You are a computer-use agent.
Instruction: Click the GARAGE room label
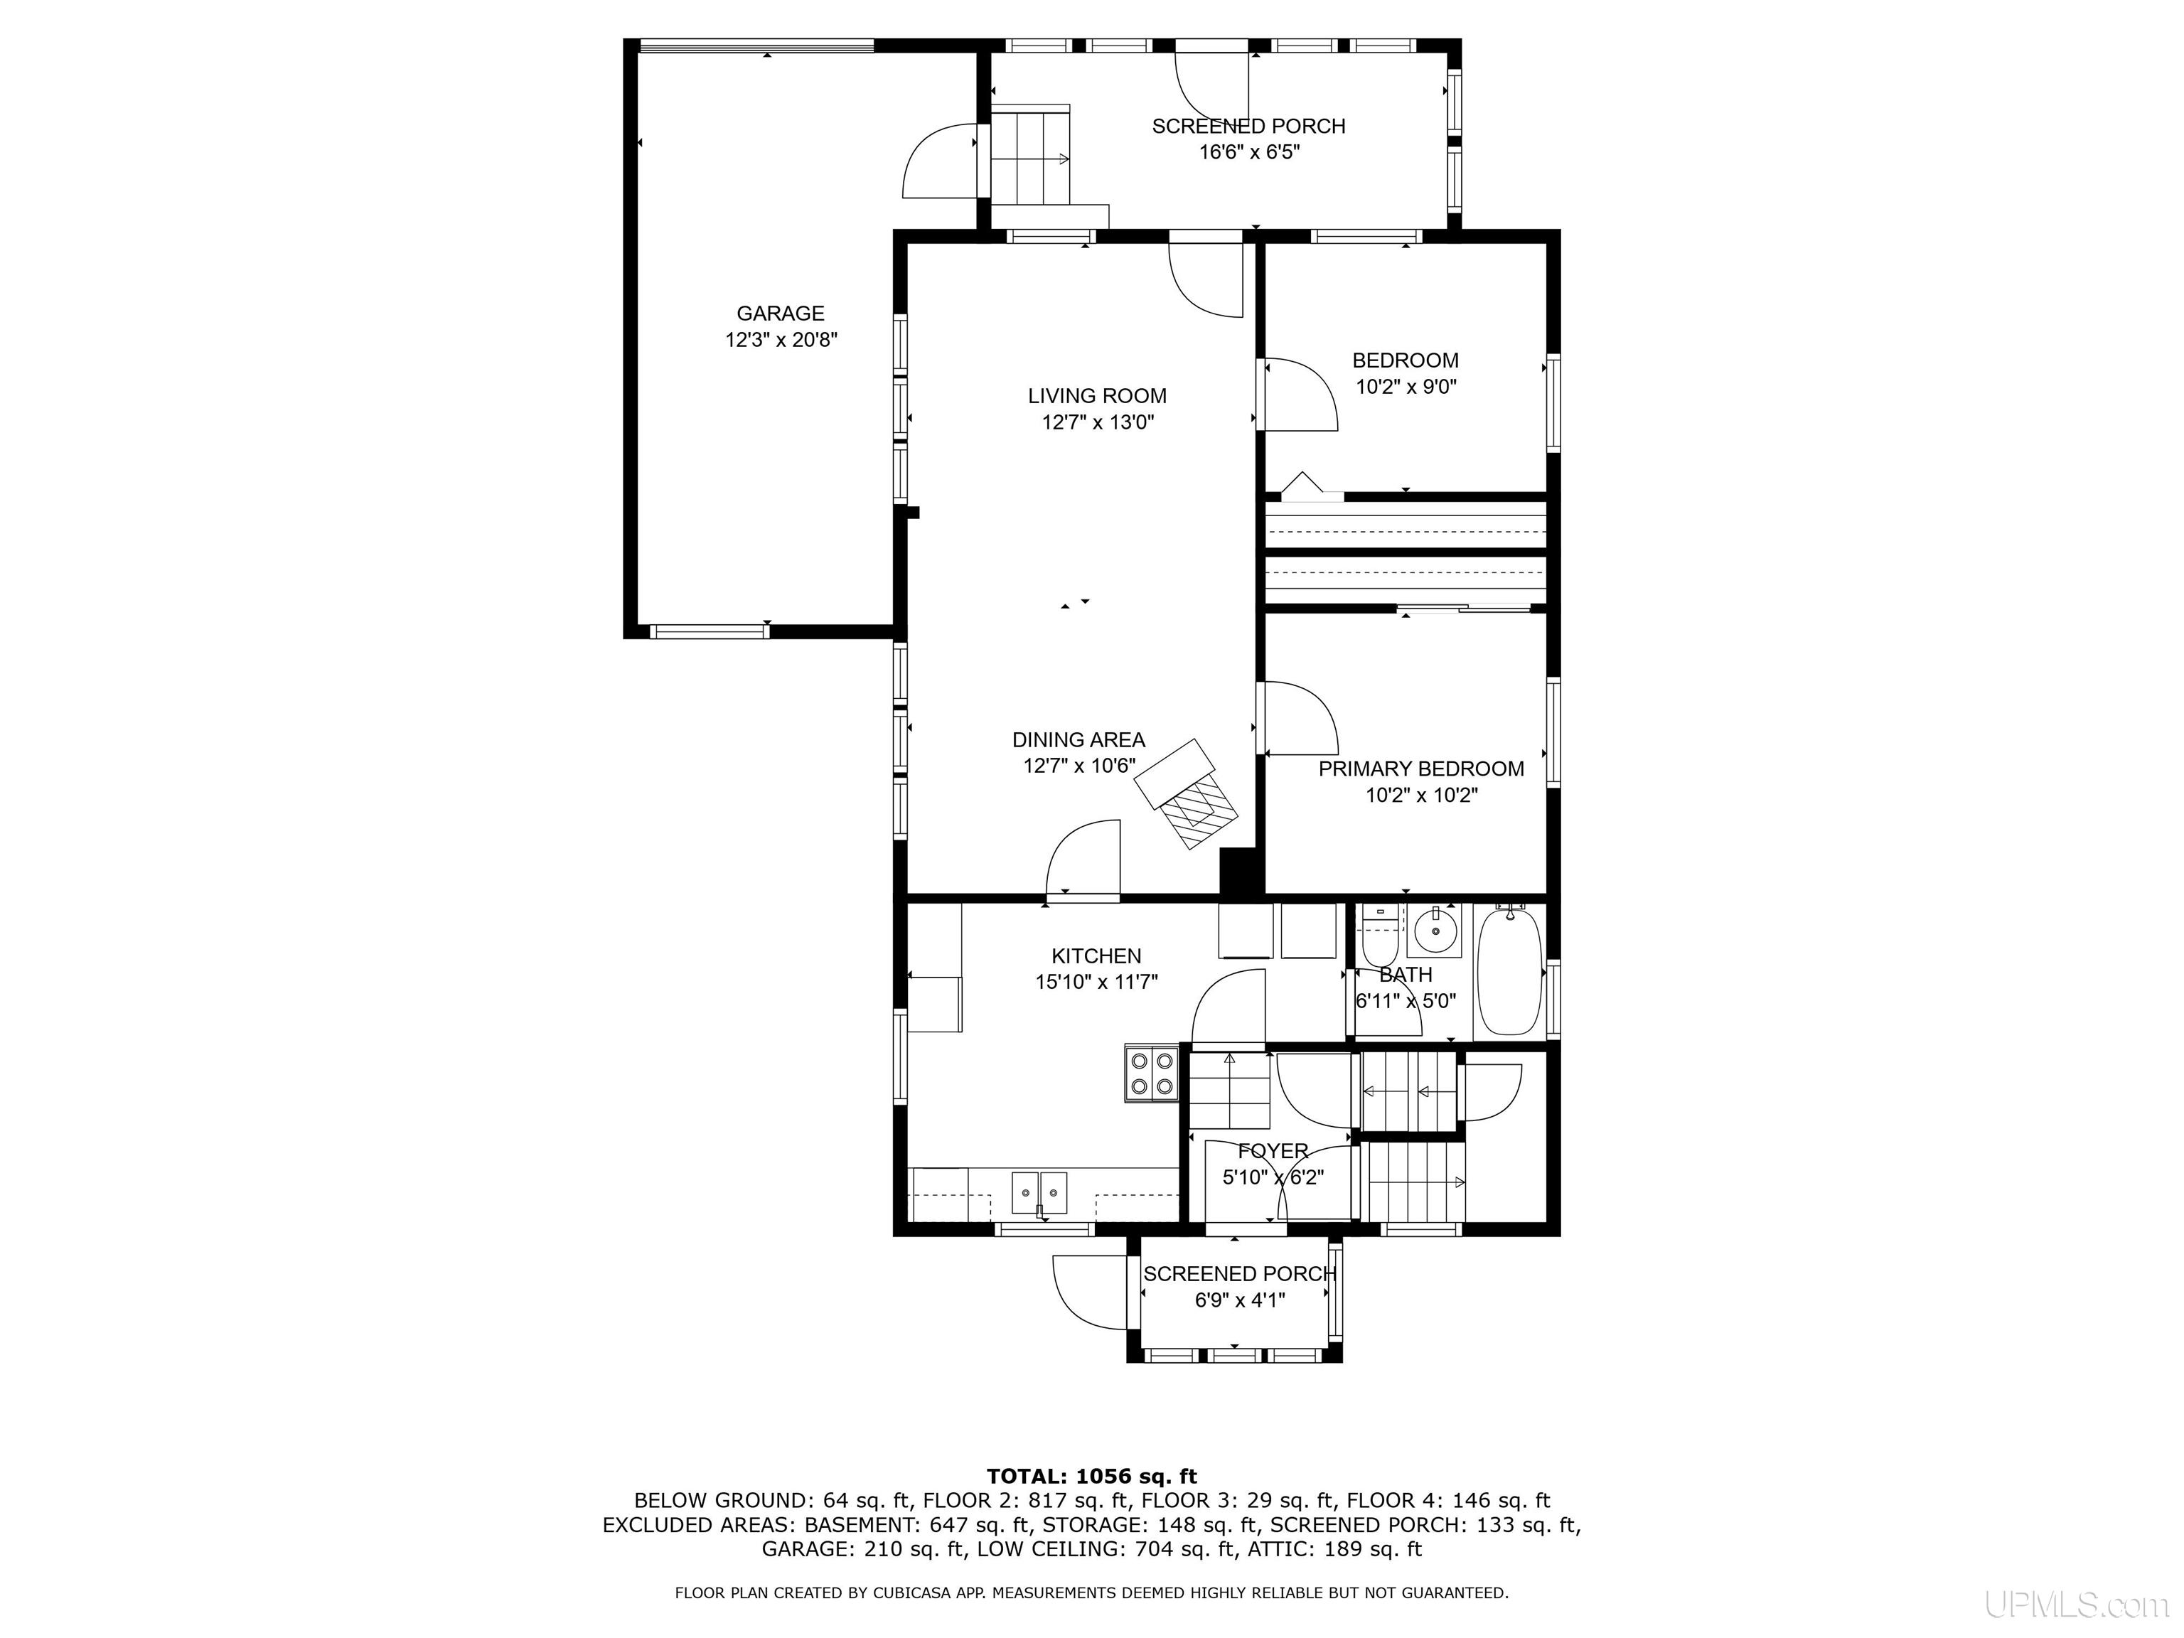780,314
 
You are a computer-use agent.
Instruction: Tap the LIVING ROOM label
1097,396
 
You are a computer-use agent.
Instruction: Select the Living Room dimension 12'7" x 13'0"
1097,422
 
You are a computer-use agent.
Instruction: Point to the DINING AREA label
1078,739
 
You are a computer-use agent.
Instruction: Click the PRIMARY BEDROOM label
1420,768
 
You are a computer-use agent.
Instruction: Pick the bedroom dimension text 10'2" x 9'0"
1405,387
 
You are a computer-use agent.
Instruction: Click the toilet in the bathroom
1379,938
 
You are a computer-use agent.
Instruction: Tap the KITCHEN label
1096,955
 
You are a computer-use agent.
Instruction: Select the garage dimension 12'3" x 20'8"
781,341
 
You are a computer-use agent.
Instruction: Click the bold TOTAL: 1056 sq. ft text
1092,1476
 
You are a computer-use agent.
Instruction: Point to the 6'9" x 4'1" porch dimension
1240,1300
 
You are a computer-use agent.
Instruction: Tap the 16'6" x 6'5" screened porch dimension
1249,152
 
